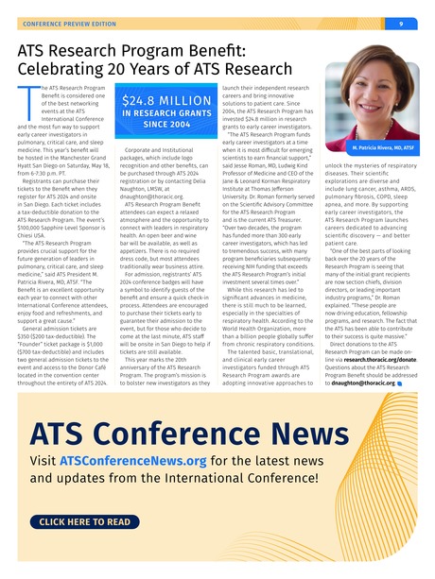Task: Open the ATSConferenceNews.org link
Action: pos(131,461)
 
